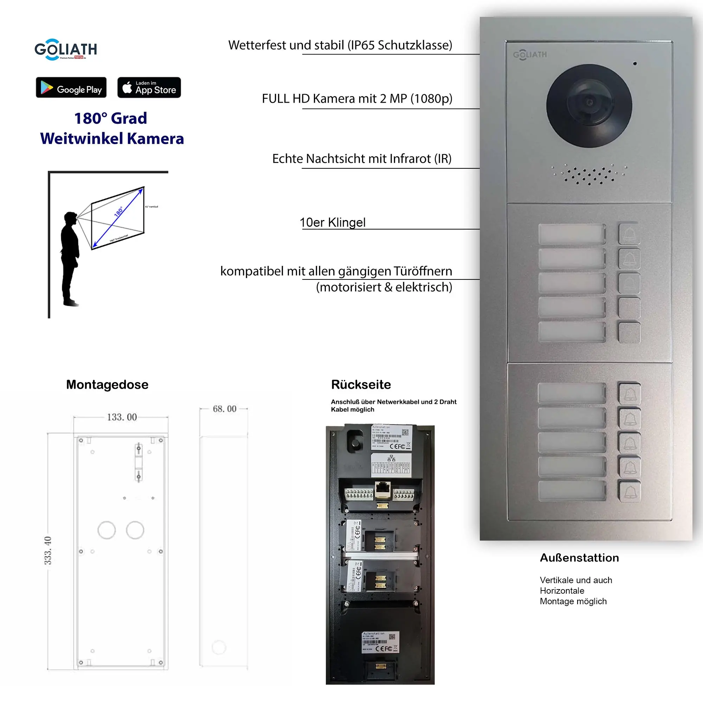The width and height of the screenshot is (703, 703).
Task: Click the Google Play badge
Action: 71,87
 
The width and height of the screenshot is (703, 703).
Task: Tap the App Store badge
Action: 149,87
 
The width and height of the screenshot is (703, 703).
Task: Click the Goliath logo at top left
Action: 66,50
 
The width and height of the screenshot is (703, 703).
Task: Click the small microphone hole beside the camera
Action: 635,64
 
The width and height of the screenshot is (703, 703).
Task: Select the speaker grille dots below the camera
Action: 589,175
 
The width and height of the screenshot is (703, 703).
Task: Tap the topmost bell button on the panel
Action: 629,234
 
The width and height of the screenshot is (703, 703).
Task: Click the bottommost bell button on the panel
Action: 630,492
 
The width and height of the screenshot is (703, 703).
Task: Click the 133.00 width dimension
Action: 122,417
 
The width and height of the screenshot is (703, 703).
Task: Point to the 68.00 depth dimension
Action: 225,409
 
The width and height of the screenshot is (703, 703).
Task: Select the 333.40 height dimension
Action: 48,550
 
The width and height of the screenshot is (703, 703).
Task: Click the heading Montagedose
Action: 107,385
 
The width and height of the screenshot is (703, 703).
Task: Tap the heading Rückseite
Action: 361,385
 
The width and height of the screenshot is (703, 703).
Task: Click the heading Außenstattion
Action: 579,558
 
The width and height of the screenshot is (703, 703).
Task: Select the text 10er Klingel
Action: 333,222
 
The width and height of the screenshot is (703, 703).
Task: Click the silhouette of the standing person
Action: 70,258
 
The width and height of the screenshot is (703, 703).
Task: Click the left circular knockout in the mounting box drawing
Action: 107,530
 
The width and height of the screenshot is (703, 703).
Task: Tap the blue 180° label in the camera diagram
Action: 118,211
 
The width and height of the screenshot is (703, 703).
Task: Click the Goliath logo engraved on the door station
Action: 530,54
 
